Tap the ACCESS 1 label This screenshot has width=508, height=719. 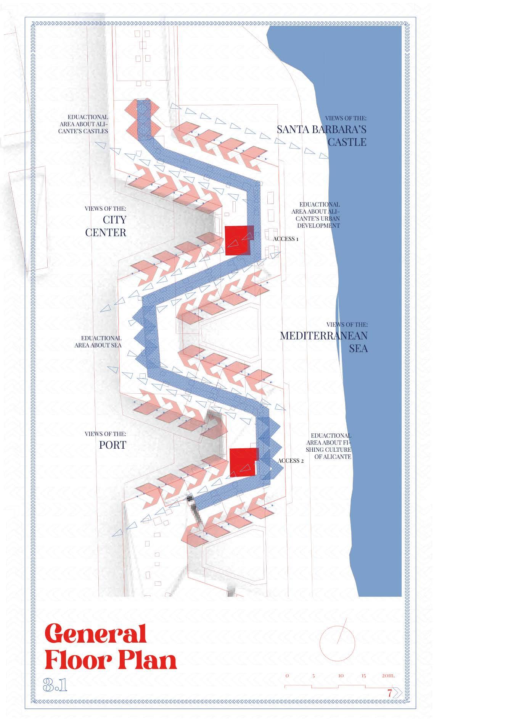coord(286,239)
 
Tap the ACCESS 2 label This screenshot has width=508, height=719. coord(291,460)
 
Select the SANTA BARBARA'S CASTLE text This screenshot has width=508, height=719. coord(322,136)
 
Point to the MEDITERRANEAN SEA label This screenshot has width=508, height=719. coord(324,342)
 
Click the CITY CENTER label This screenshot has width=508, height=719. coord(106,226)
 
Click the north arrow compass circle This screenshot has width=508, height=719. coord(337,643)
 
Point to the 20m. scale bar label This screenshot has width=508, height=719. coord(388,675)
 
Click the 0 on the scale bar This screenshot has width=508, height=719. coord(287,675)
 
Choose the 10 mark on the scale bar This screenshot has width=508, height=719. coord(341,675)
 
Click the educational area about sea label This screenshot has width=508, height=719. coord(98,342)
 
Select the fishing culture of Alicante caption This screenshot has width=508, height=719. coord(328,446)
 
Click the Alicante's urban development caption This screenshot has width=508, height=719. coord(315,215)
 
